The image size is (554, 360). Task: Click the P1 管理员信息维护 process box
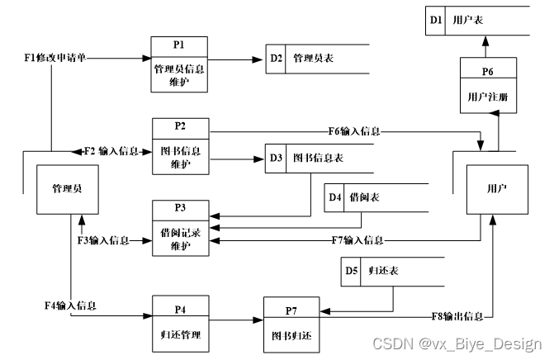coord(180,64)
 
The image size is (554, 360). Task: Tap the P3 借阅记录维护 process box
coord(180,226)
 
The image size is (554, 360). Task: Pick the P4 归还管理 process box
coord(180,323)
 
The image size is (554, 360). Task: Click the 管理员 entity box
coord(66,188)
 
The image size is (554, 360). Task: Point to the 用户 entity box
coord(497,189)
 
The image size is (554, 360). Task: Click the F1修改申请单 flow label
coord(54,58)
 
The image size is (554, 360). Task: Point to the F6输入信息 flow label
coord(353,130)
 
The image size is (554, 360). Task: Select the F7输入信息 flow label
coord(357,240)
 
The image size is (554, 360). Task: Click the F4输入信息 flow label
coord(69,305)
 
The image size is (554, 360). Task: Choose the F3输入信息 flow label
coord(103,240)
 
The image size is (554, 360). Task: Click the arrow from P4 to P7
coord(235,320)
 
